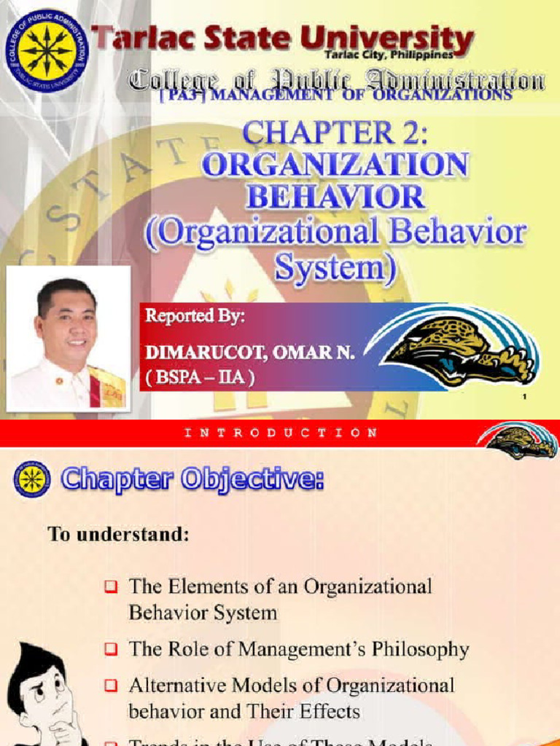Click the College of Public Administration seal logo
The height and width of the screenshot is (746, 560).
(x=46, y=51)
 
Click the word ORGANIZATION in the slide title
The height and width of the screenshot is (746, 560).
(x=335, y=166)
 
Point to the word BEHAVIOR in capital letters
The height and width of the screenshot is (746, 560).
(x=335, y=198)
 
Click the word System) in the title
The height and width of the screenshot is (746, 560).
(x=335, y=268)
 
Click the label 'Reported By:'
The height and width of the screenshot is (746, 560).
(x=195, y=317)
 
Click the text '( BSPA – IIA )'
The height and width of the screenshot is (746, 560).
(x=201, y=380)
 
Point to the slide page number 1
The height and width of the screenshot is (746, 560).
(x=525, y=397)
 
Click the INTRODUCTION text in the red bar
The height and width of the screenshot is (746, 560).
(x=280, y=433)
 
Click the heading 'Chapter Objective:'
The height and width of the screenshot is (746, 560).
(x=192, y=479)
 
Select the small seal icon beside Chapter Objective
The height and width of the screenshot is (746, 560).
(x=31, y=479)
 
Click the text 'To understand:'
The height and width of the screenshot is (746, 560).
(x=119, y=535)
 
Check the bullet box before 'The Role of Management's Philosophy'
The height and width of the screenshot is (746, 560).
(x=110, y=649)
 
